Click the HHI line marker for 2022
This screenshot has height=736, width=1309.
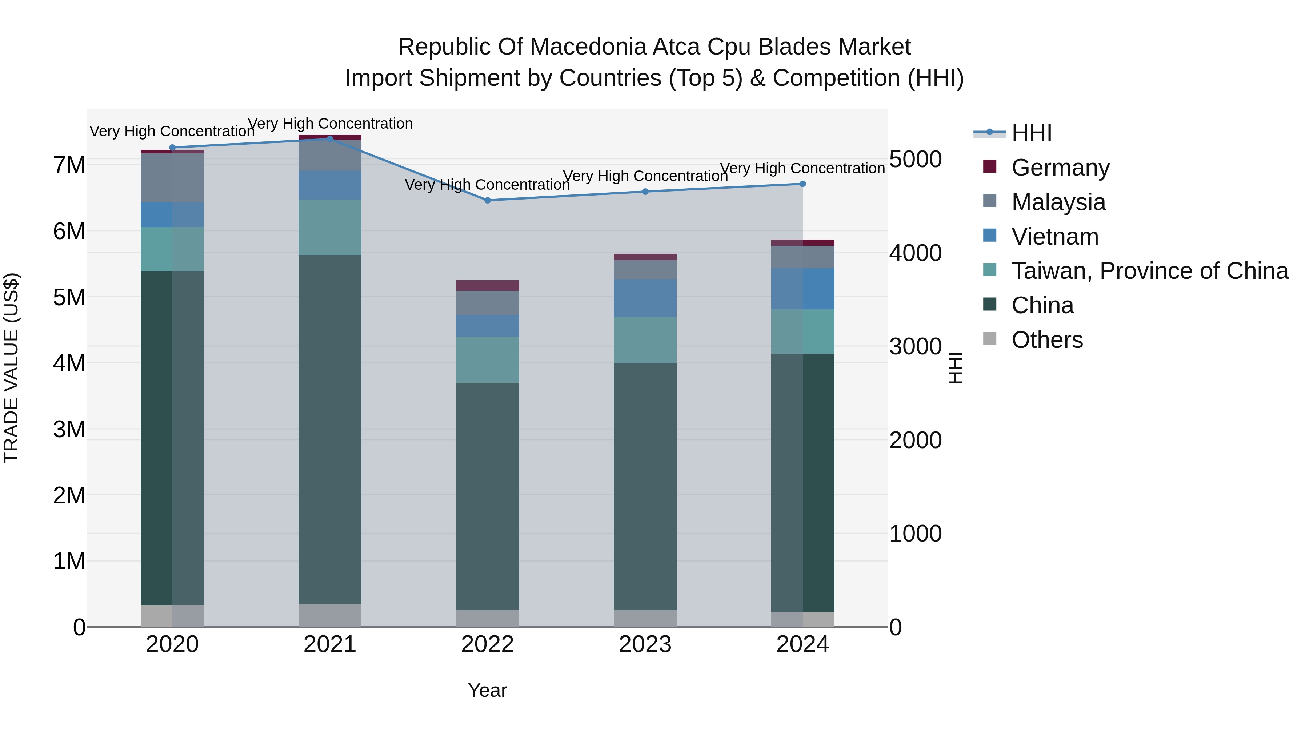point(487,200)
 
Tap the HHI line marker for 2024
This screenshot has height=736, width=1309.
point(802,184)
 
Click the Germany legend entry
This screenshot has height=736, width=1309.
point(1060,167)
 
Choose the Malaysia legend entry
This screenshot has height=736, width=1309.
point(1058,202)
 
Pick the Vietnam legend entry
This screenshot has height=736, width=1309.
point(1054,236)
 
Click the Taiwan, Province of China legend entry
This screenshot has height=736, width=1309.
point(1149,271)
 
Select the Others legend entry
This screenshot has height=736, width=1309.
point(1047,340)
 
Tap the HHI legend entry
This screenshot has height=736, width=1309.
point(1031,133)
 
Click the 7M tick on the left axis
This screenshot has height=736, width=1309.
point(69,165)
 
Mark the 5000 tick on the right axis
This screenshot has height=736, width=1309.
point(915,159)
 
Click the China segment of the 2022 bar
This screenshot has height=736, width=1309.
point(487,496)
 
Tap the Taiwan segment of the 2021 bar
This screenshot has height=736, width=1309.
point(330,227)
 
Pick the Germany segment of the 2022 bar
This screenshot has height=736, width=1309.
point(487,285)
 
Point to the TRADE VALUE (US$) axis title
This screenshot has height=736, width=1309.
point(11,368)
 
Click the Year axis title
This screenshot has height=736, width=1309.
point(487,690)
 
